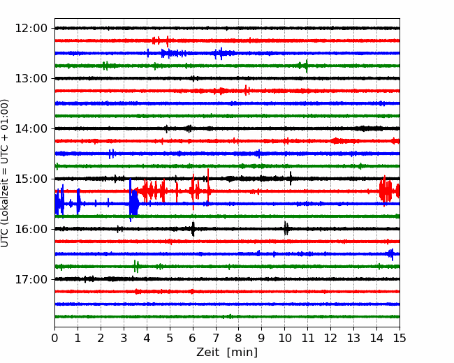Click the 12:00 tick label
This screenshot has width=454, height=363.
point(31,29)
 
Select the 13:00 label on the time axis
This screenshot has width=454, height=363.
point(31,78)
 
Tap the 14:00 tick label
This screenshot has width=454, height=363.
point(31,129)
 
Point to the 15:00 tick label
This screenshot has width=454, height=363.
point(31,179)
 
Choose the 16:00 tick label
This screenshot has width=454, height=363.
point(31,229)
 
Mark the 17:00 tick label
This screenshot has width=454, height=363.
point(31,280)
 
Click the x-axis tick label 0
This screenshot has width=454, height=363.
point(54,338)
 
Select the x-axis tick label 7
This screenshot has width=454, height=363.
point(216,338)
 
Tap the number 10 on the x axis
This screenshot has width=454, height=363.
point(284,338)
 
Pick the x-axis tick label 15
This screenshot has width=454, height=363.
point(400,338)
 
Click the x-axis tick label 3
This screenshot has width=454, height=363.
point(124,338)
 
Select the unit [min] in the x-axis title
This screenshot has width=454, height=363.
point(242,353)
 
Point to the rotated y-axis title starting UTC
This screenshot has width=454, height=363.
point(4,173)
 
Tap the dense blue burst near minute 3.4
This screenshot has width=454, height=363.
point(133,202)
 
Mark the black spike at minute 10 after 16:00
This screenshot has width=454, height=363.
point(286,229)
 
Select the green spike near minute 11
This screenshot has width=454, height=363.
point(306,66)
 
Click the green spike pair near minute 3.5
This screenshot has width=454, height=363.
point(136,266)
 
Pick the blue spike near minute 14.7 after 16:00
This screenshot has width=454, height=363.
point(391,254)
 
